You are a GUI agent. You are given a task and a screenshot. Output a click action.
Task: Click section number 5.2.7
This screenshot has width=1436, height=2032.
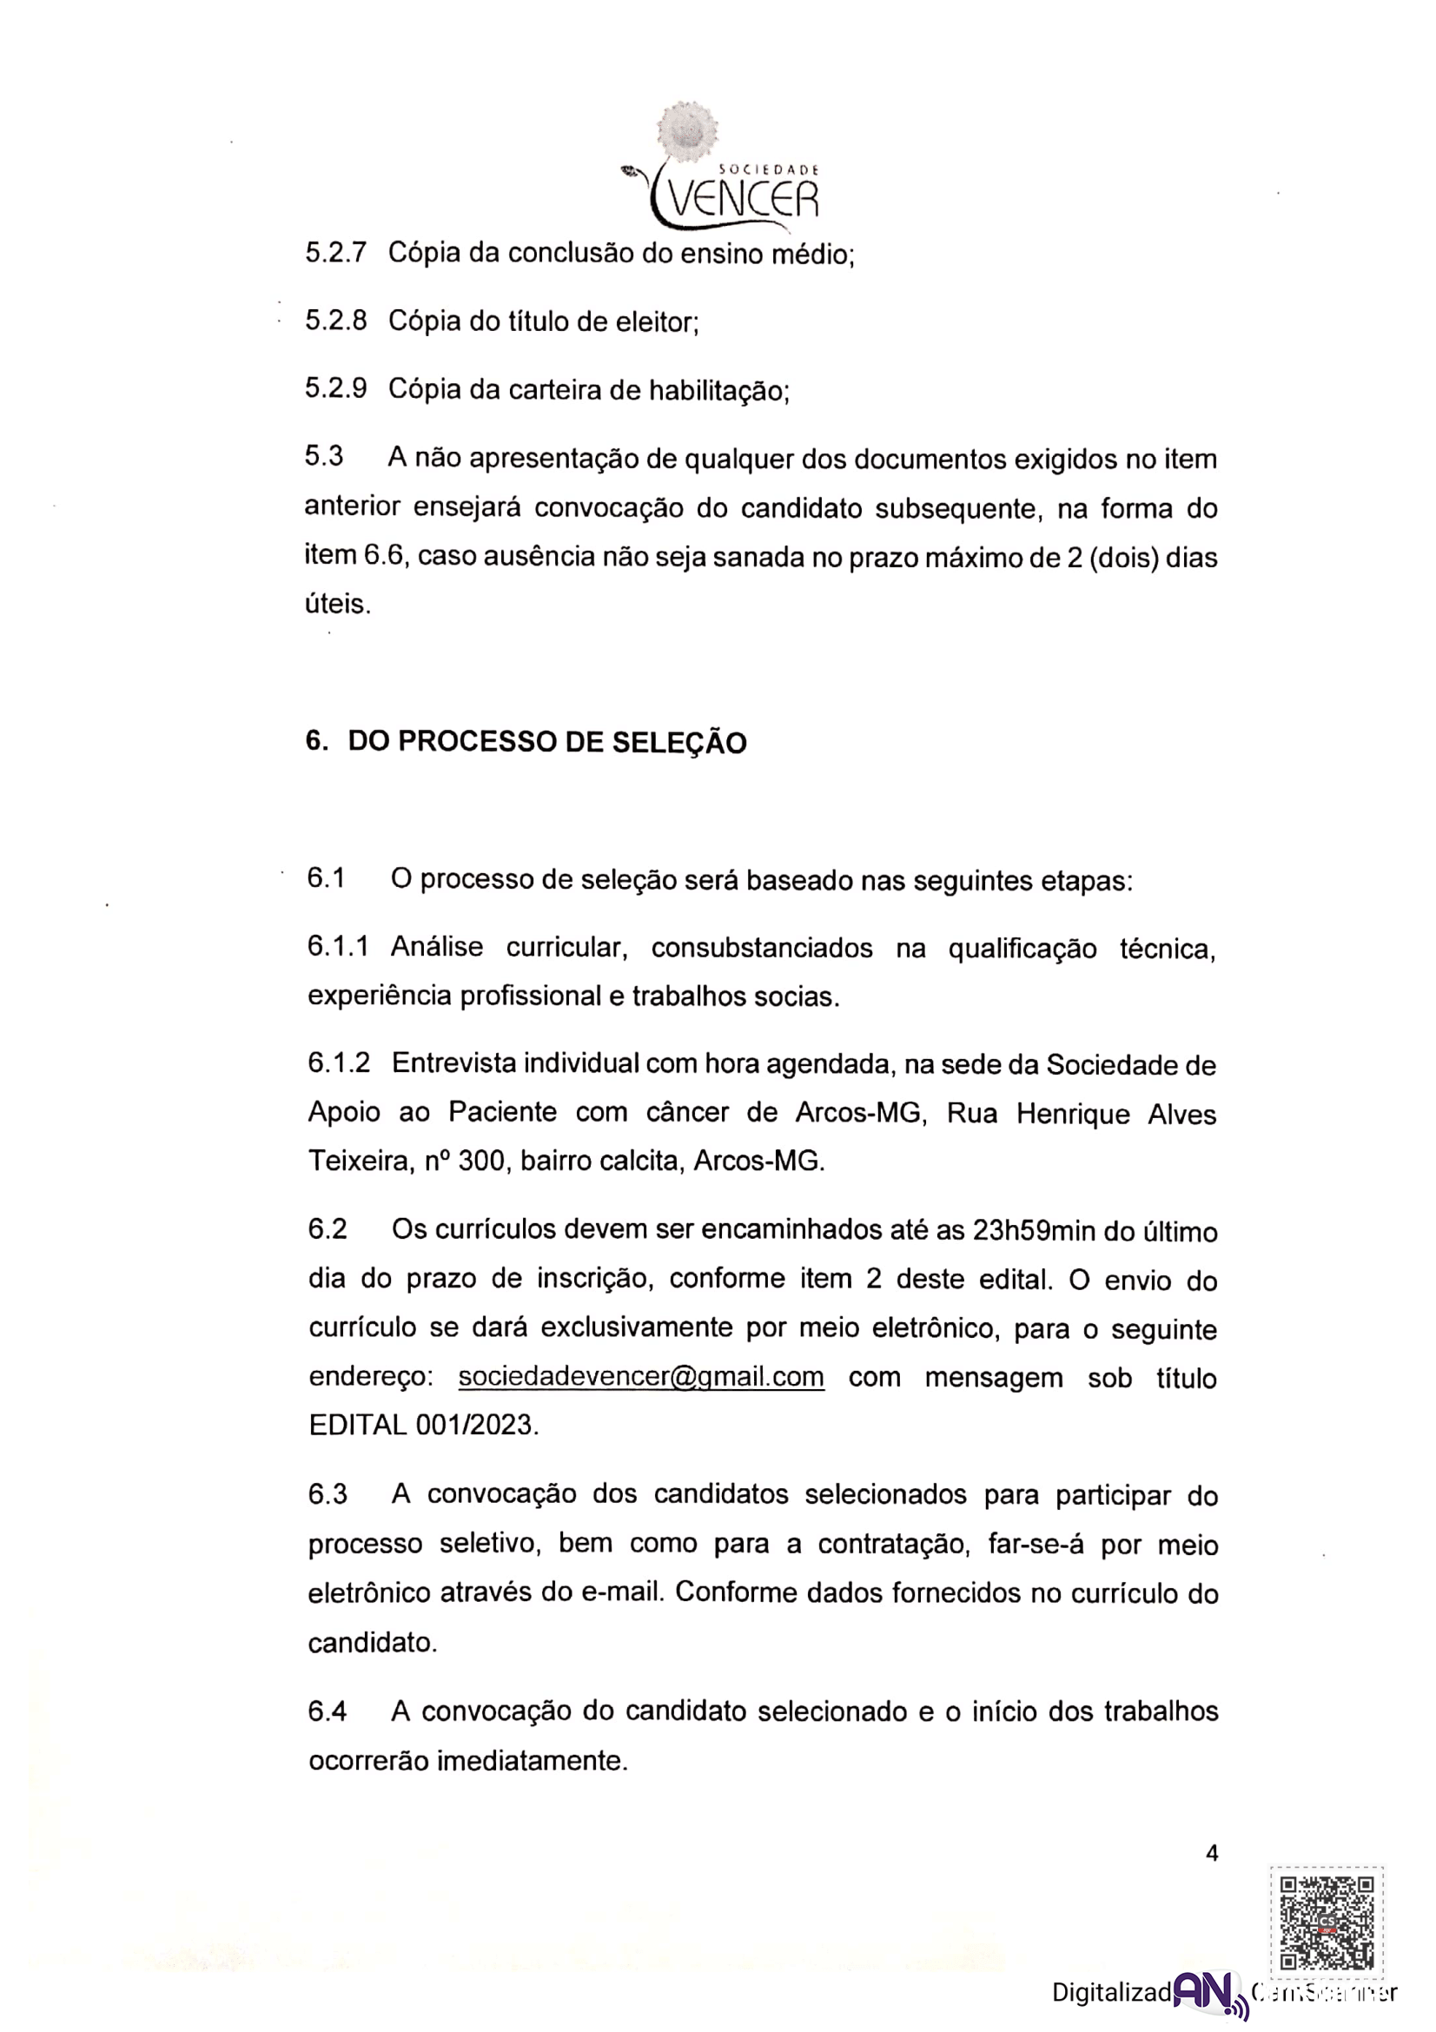coord(335,253)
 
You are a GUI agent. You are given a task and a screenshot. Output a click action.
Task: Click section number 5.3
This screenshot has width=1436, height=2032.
coord(324,457)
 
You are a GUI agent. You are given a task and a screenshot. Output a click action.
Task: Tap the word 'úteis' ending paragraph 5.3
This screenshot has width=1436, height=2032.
coord(337,605)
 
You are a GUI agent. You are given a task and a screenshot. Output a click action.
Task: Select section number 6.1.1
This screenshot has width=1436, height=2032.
coord(338,946)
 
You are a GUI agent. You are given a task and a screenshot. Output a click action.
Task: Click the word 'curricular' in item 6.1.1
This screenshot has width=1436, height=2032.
coord(566,947)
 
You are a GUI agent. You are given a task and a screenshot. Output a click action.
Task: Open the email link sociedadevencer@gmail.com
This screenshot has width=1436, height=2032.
coord(640,1377)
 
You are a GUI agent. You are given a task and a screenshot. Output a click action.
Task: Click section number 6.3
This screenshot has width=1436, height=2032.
coord(328,1495)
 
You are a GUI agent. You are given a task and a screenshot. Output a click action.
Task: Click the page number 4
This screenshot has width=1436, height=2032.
coord(1212,1852)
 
